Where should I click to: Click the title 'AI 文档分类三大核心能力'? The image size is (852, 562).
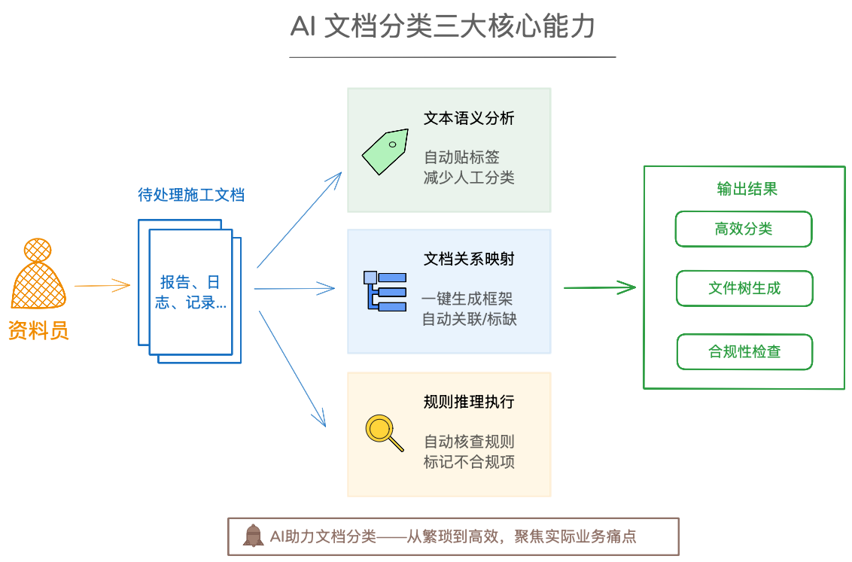[x=443, y=28]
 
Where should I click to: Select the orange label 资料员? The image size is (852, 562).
[x=38, y=330]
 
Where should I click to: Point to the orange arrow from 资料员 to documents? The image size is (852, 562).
[x=102, y=285]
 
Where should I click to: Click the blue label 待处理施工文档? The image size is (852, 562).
[x=191, y=195]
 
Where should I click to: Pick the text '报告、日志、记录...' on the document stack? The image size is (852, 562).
[x=192, y=293]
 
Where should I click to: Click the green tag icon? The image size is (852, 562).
[x=385, y=150]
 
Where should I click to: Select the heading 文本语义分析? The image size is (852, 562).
[x=469, y=118]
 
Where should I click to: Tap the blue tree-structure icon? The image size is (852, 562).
[x=385, y=290]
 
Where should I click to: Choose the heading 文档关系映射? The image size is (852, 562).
[x=469, y=259]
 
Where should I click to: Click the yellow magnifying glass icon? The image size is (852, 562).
[x=383, y=433]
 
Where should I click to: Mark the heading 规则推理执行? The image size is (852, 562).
[x=469, y=402]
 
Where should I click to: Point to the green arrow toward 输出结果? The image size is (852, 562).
[x=600, y=287]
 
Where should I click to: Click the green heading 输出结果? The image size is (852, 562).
[x=747, y=189]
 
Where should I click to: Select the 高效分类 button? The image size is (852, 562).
[x=744, y=229]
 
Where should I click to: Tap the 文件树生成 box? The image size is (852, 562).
[x=744, y=288]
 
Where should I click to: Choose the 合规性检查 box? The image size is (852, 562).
[x=744, y=351]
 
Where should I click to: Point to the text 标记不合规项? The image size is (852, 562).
[x=469, y=462]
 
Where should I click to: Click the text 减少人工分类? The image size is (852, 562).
[x=469, y=178]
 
